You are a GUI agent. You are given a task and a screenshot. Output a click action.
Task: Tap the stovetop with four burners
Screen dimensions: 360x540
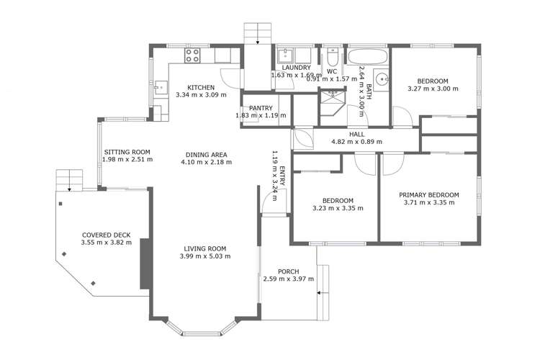tap(193, 55)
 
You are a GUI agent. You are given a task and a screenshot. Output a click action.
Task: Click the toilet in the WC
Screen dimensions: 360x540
tap(332, 57)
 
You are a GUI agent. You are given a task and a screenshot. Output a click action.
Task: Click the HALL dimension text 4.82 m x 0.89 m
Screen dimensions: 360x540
tap(356, 142)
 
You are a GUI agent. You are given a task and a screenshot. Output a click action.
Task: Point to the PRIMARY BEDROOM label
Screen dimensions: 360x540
tap(429, 195)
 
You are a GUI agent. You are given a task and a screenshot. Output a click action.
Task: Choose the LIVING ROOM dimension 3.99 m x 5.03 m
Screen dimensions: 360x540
tap(205, 256)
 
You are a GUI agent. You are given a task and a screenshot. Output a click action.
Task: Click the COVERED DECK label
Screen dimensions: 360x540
tap(105, 235)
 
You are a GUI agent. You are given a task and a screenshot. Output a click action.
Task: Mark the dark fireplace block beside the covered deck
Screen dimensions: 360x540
tap(145, 262)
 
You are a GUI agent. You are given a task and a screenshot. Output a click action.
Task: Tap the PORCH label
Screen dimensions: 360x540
tap(288, 271)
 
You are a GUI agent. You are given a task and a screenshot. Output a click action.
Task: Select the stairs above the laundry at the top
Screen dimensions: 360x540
tap(256, 33)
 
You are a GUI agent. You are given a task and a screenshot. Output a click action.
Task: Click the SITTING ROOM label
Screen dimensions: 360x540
tap(126, 152)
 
